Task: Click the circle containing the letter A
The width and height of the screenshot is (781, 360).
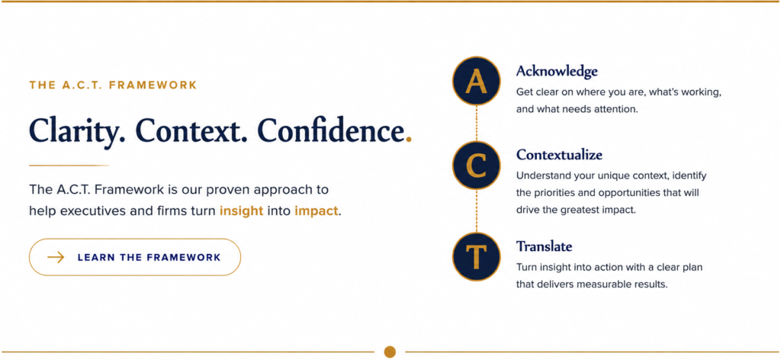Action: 476,81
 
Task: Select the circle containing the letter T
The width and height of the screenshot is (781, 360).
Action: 476,257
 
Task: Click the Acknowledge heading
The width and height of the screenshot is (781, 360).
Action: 557,72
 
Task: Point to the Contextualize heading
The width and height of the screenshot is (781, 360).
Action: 559,155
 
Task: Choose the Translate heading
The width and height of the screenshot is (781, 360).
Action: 545,246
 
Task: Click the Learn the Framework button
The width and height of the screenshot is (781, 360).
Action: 135,257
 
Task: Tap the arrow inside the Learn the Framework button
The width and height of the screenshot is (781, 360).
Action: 56,258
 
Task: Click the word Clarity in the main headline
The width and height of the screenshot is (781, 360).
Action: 77,131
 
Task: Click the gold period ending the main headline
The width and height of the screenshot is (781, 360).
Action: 409,140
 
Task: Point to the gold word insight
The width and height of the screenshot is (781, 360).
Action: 242,211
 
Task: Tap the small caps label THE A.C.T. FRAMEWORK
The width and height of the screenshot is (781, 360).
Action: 114,85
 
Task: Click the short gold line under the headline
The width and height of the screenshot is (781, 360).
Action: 69,165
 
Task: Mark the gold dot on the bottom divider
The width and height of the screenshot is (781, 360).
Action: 390,352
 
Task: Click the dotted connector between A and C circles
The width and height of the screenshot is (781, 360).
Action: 476,124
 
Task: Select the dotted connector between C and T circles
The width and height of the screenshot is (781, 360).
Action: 476,211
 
